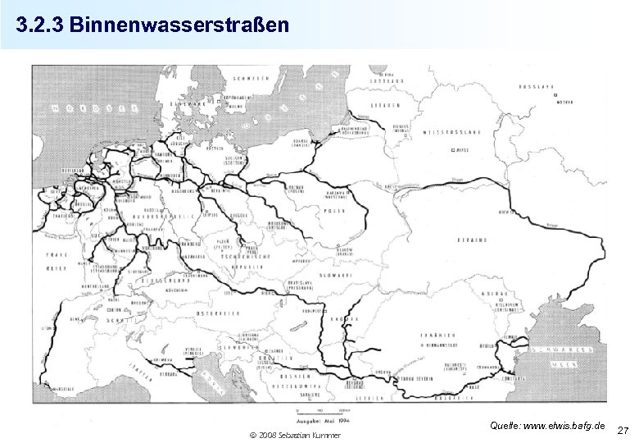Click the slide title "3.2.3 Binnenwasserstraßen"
tap(152, 25)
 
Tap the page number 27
tap(623, 430)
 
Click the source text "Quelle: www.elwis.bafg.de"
tap(547, 426)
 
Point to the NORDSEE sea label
tap(84, 109)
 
